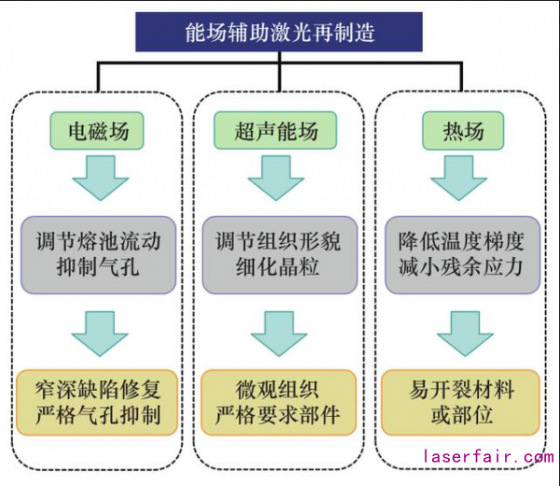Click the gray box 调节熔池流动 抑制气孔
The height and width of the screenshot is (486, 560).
pos(97,253)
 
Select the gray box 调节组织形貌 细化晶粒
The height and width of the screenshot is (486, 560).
pos(278,253)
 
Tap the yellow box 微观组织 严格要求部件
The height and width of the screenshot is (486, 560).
pos(278,401)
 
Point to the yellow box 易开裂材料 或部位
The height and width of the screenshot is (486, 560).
pos(463,401)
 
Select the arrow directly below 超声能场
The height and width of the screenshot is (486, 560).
pos(278,178)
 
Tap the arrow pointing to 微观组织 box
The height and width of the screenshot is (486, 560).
pos(278,332)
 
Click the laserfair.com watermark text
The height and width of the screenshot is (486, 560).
pos(487,458)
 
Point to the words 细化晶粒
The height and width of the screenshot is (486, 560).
pos(278,267)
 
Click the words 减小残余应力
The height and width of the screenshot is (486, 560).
pos(464,267)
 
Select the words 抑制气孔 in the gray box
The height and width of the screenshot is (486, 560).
pos(97,267)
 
